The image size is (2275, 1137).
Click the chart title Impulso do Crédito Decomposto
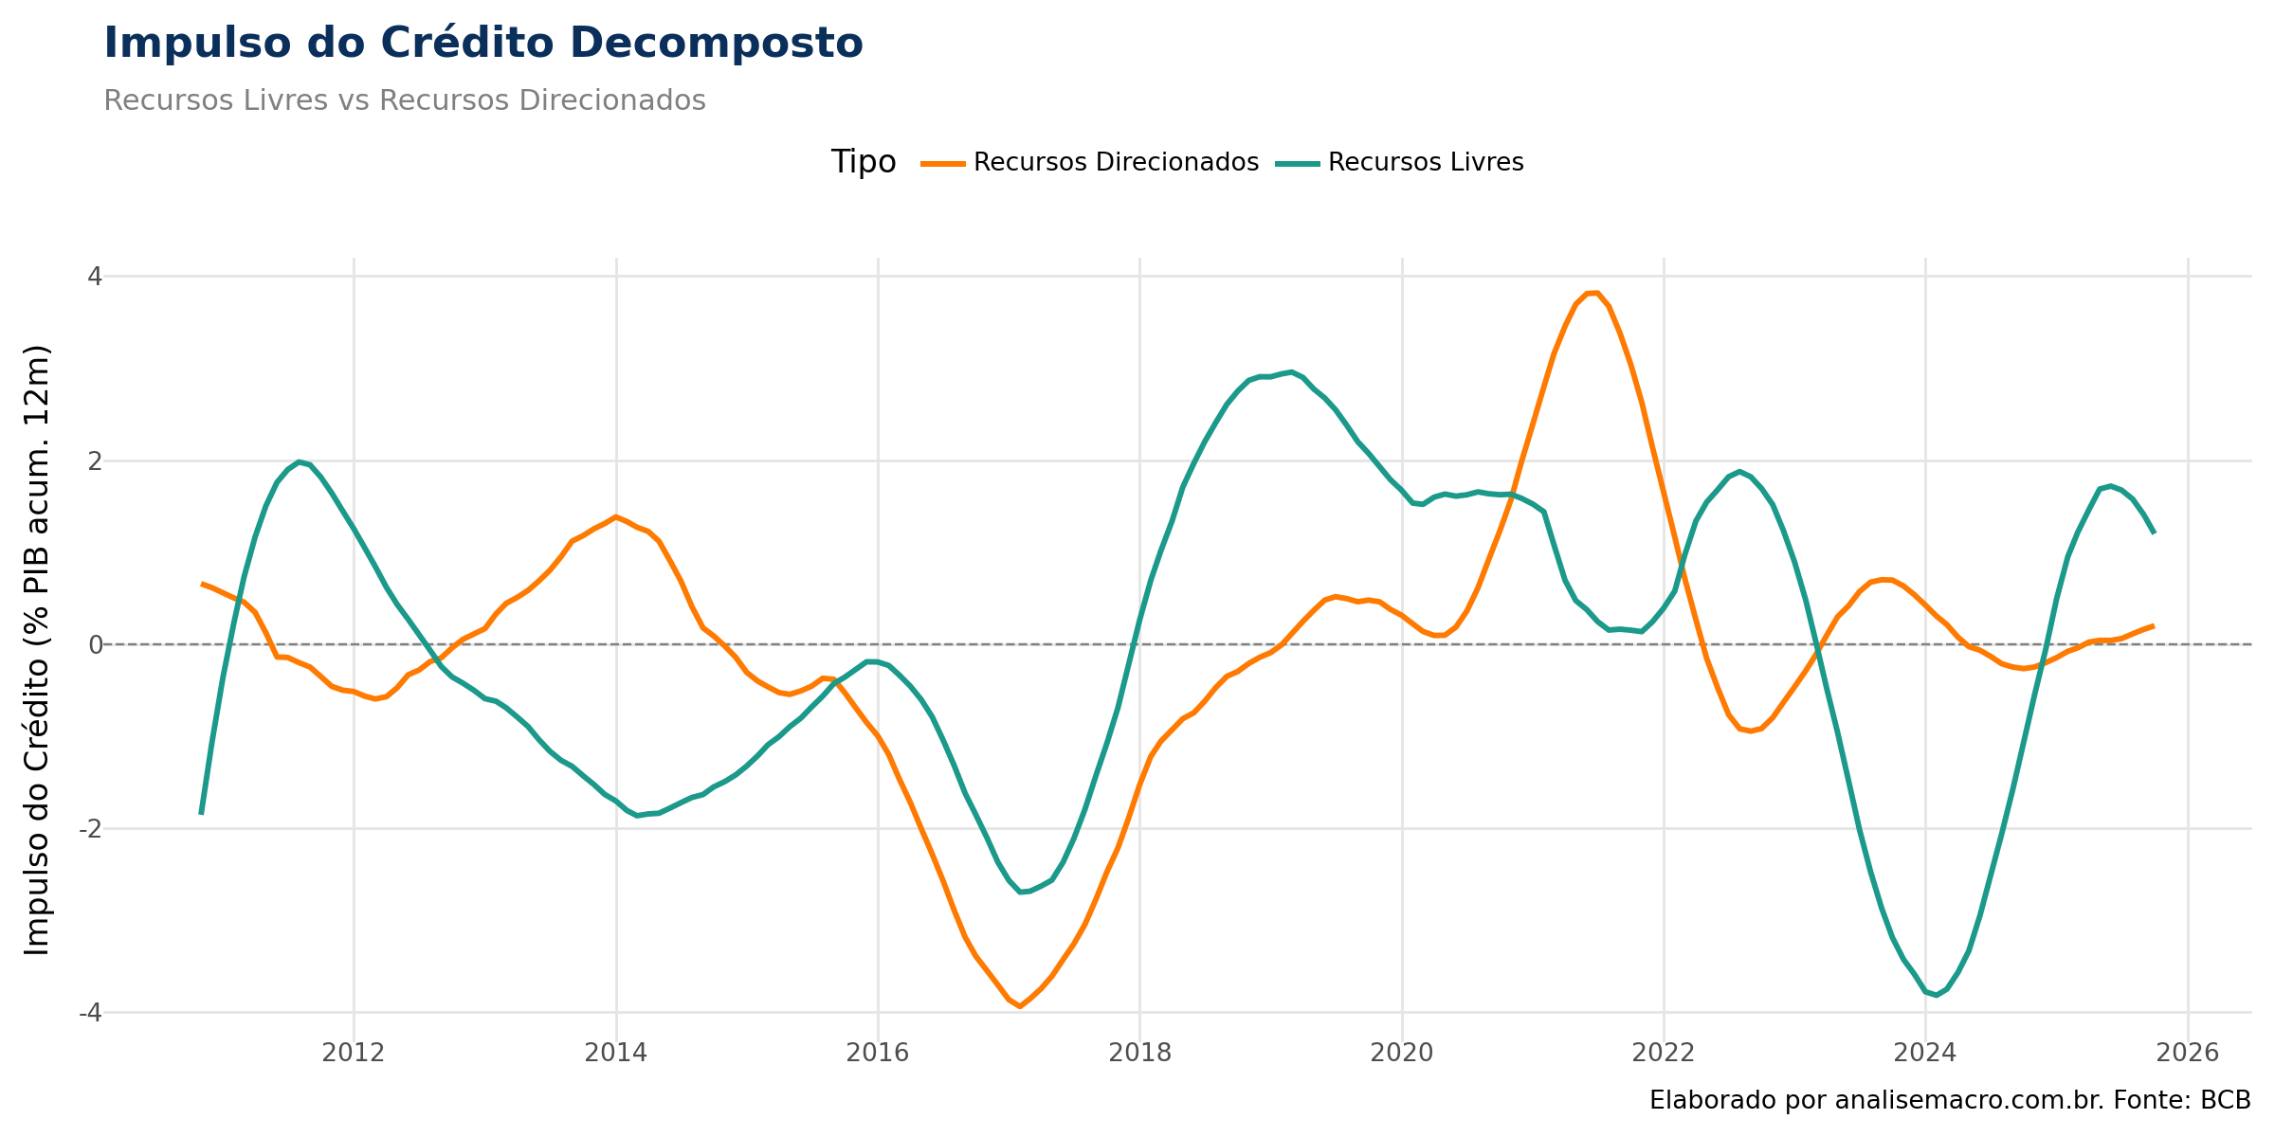(483, 44)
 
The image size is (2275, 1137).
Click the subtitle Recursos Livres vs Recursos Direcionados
(405, 100)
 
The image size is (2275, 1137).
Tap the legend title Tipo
(863, 162)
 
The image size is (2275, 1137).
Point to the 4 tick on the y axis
(95, 277)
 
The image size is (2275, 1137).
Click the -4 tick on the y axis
(91, 1013)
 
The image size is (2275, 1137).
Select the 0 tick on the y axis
(95, 645)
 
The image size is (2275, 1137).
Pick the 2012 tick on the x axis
(354, 1053)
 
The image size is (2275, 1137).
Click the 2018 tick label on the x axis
(1139, 1053)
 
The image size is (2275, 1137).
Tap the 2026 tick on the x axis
(2188, 1053)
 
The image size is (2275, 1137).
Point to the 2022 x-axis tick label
(1664, 1053)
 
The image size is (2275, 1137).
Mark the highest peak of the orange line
(1592, 293)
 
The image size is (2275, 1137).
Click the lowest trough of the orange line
(1020, 1006)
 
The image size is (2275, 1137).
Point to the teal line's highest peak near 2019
(1290, 371)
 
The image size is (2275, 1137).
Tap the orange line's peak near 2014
(615, 516)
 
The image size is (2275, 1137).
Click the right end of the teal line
(2155, 532)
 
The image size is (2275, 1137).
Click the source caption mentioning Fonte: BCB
(1949, 1100)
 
